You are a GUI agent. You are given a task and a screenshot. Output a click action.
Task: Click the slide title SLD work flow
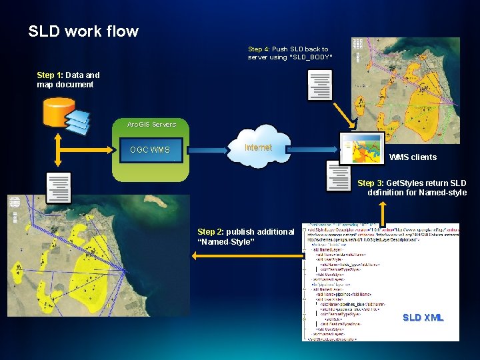(83, 31)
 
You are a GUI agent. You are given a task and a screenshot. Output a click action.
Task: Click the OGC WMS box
(150, 149)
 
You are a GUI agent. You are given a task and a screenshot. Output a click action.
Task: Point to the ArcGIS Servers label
(153, 124)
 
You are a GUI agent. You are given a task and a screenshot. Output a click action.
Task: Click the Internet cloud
(258, 148)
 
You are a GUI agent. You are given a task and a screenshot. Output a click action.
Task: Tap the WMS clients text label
(413, 157)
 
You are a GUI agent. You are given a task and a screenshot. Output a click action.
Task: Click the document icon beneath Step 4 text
(319, 85)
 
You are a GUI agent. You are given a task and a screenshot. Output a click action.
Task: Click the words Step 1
(50, 75)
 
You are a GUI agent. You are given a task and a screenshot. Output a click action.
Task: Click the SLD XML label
(423, 317)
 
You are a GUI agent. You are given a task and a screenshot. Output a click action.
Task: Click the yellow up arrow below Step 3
(383, 212)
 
